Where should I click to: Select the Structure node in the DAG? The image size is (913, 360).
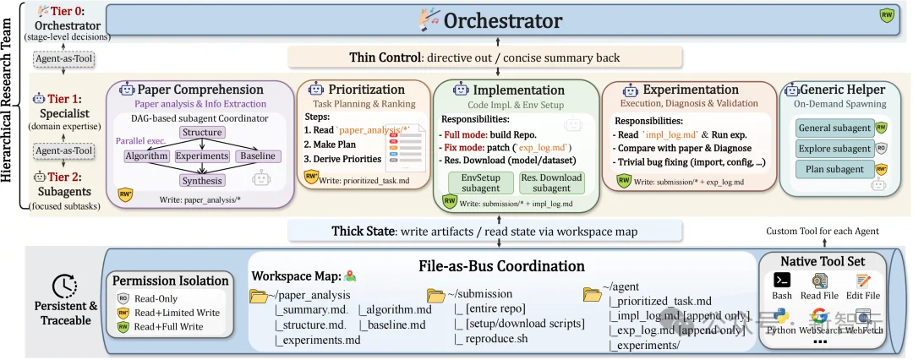pyautogui.click(x=202, y=133)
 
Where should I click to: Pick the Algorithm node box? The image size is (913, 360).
pyautogui.click(x=146, y=156)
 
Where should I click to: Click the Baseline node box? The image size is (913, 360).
pyautogui.click(x=258, y=156)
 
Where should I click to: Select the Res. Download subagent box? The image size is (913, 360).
pyautogui.click(x=551, y=183)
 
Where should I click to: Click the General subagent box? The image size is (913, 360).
pyautogui.click(x=834, y=128)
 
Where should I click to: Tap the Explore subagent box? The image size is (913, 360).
pyautogui.click(x=834, y=149)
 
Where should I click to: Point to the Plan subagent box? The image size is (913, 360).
pyautogui.click(x=834, y=170)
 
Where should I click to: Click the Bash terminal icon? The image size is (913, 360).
pyautogui.click(x=782, y=281)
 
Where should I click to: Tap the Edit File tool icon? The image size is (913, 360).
pyautogui.click(x=863, y=281)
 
